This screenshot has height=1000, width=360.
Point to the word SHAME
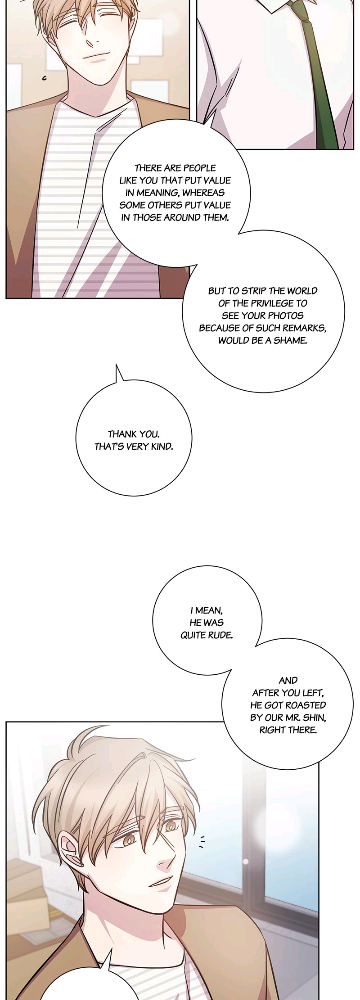pos(290,340)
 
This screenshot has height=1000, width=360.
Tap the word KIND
pos(162,446)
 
